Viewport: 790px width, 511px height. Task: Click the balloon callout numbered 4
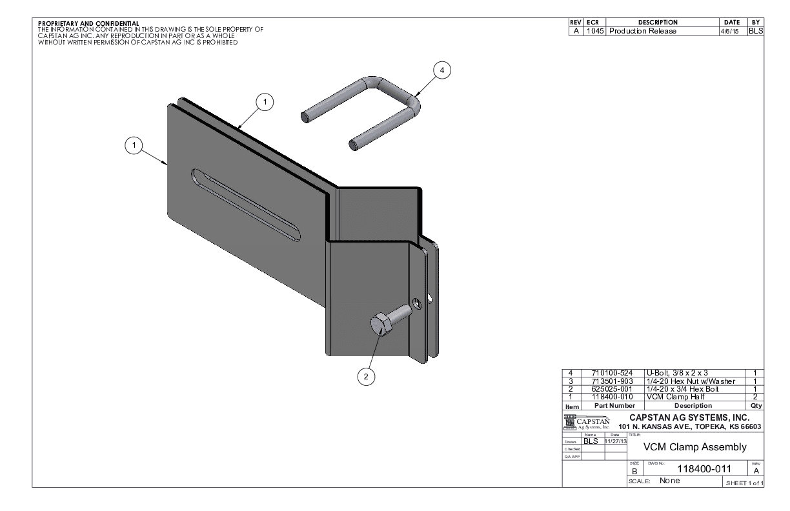pyautogui.click(x=442, y=71)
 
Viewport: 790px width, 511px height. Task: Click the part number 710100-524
pyautogui.click(x=607, y=373)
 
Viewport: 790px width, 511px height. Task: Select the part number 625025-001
pyautogui.click(x=607, y=389)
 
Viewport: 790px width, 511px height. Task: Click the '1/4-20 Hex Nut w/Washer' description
pyautogui.click(x=690, y=381)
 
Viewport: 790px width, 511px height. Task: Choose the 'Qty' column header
pyautogui.click(x=756, y=406)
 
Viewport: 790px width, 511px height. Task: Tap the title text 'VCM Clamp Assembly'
pyautogui.click(x=694, y=447)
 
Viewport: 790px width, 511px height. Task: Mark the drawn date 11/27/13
pyautogui.click(x=615, y=441)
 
